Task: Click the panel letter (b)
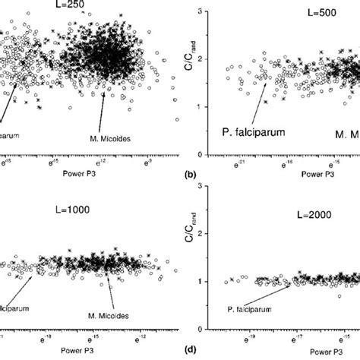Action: pos(190,175)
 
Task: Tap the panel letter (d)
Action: pos(190,352)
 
